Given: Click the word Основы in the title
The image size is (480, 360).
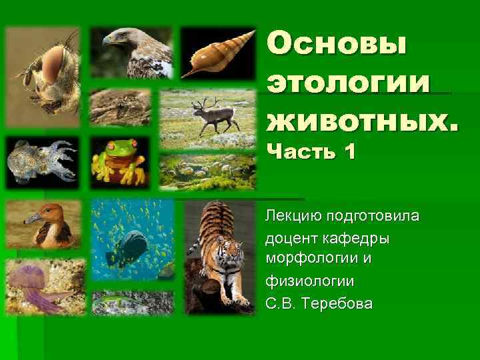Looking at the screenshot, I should point(337,45).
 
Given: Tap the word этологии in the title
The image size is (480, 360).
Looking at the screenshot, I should point(348,83).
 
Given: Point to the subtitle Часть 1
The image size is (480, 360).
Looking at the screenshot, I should point(311,153).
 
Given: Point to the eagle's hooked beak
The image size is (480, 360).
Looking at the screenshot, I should point(107,41).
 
